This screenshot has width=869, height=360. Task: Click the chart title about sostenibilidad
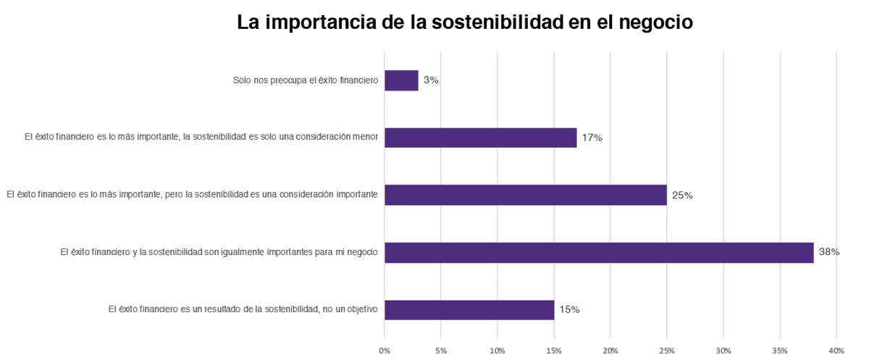point(465,22)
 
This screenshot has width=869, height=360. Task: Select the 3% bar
point(401,80)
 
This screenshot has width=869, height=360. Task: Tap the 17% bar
point(480,138)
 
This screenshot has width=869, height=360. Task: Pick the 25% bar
point(525,195)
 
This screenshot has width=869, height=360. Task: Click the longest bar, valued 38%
point(599,253)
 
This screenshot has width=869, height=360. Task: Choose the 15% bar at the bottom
point(469,310)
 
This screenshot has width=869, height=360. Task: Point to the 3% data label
point(431,80)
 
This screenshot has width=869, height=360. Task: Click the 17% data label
point(592,138)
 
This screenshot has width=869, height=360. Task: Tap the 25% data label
point(682,195)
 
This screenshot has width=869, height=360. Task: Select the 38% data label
point(829,253)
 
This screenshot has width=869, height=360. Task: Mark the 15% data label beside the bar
point(569,310)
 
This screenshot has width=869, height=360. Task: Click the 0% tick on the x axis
point(385,351)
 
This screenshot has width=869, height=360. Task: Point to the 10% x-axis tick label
point(498,351)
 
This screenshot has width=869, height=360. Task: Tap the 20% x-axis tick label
point(610,351)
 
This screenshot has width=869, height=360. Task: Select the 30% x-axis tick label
point(723,351)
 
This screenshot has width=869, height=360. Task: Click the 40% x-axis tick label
point(836,351)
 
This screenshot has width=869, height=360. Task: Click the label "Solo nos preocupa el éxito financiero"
point(306,80)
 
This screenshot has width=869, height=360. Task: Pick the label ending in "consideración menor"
point(201,138)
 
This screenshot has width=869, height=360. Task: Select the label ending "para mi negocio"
point(219,253)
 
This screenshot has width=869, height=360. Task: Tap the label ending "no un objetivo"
point(243,310)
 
